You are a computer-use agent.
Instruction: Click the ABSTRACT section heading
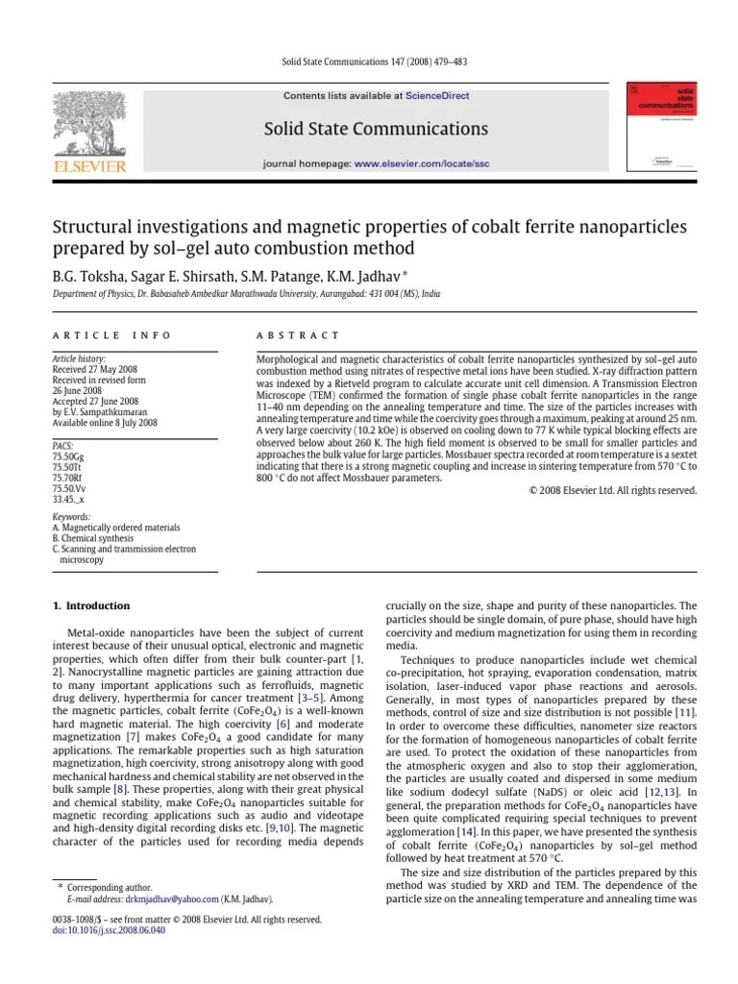[297, 335]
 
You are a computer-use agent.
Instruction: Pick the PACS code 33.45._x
[69, 500]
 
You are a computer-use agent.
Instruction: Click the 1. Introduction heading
[89, 606]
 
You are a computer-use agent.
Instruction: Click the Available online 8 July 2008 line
[105, 422]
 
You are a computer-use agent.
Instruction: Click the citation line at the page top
[369, 61]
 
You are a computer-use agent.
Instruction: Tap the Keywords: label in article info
[72, 517]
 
